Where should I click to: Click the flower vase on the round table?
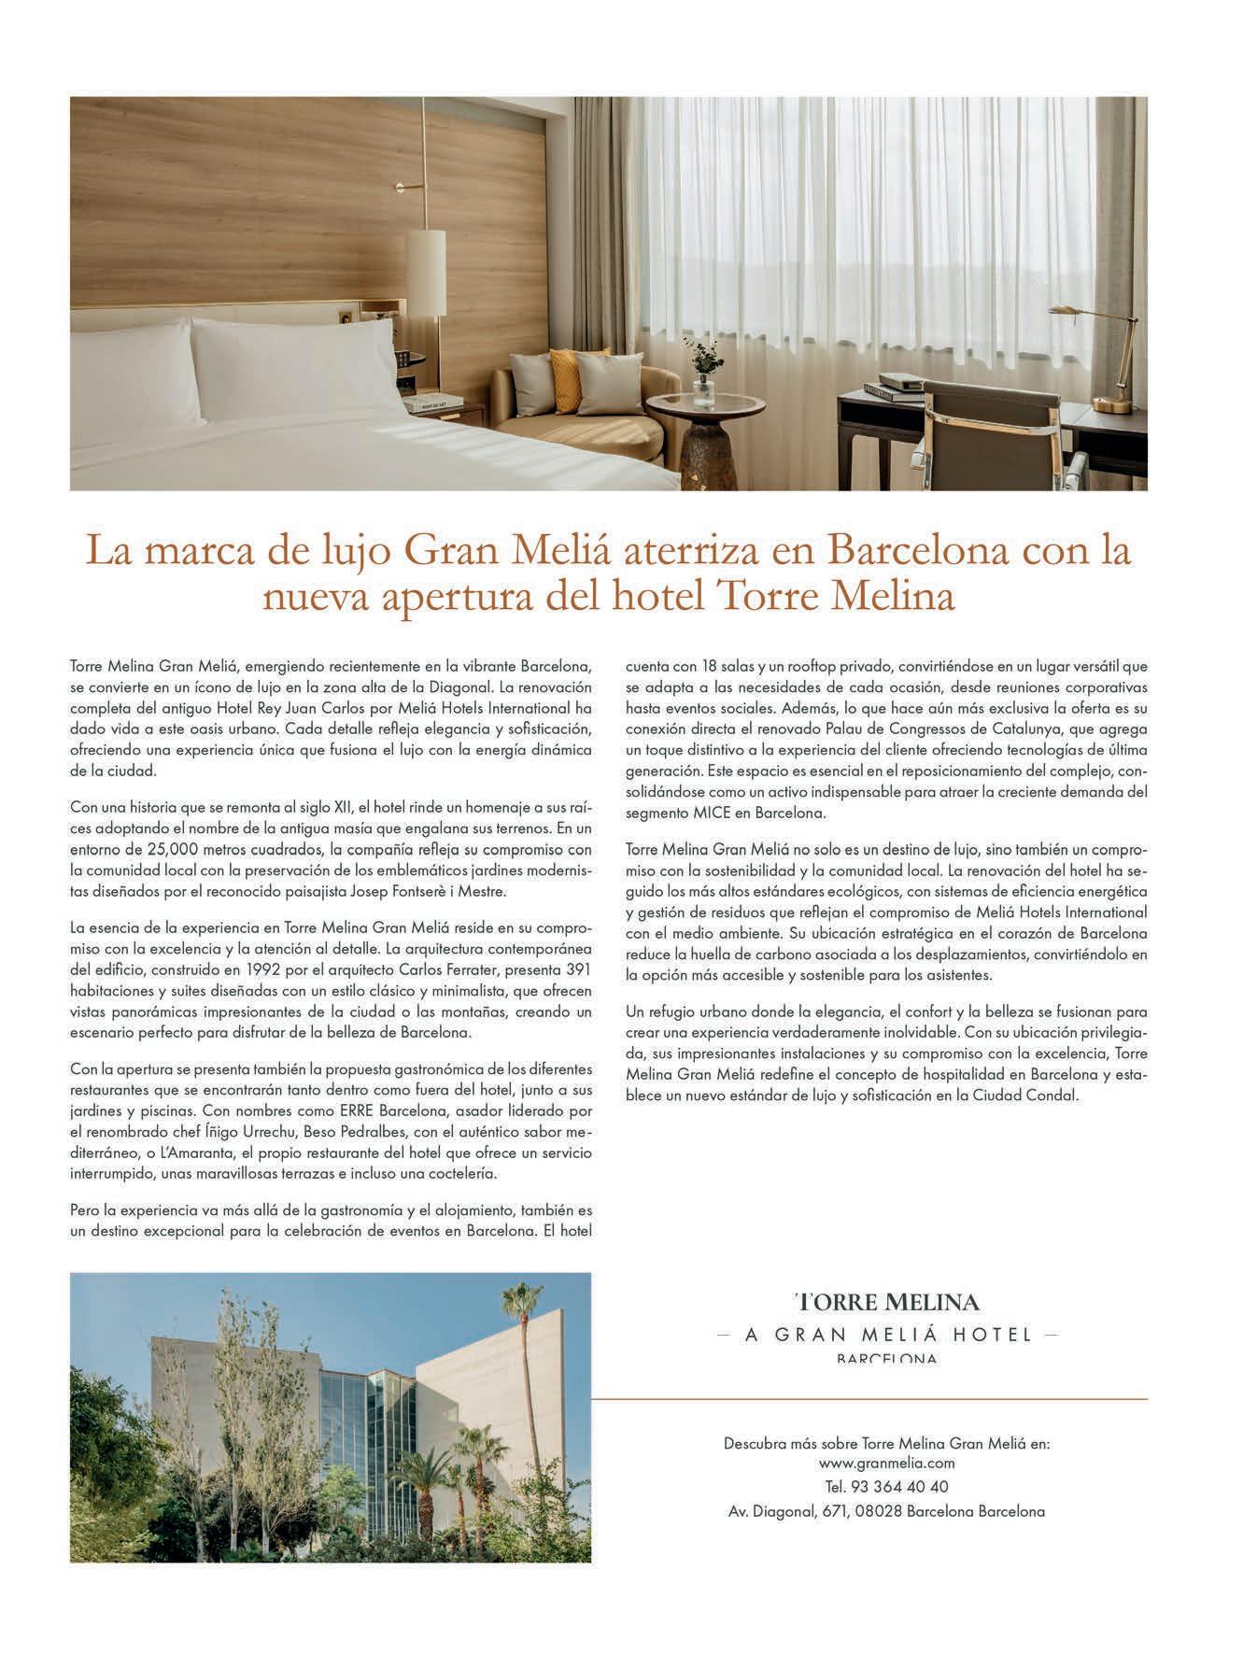[702, 378]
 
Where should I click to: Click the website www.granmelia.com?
[886, 1464]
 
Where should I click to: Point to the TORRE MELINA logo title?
[886, 1301]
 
